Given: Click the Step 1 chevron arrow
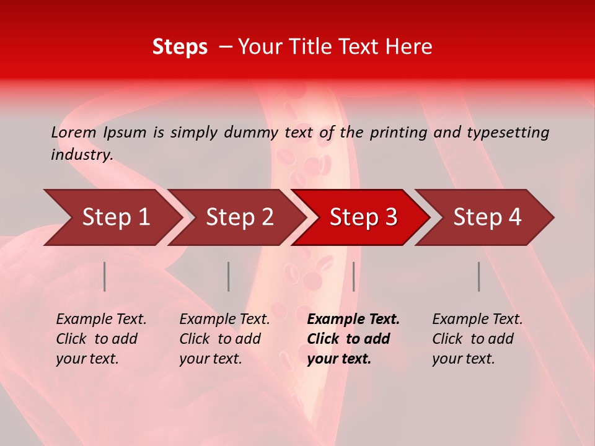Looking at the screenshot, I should [115, 217].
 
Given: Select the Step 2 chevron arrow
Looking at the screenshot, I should [239, 217].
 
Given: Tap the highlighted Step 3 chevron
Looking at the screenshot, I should [363, 217].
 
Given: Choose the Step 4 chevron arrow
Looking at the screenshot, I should [487, 217].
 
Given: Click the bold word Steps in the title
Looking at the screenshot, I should [180, 47].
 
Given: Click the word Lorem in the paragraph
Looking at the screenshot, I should [74, 132].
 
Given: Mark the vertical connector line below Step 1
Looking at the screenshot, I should [105, 276].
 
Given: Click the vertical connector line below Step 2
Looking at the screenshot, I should [229, 276].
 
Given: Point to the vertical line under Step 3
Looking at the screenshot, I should [353, 276].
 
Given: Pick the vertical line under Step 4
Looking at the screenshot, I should [479, 276].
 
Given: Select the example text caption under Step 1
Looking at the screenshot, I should [101, 339].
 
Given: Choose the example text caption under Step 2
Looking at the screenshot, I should [224, 339].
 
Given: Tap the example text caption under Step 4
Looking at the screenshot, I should [477, 339].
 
